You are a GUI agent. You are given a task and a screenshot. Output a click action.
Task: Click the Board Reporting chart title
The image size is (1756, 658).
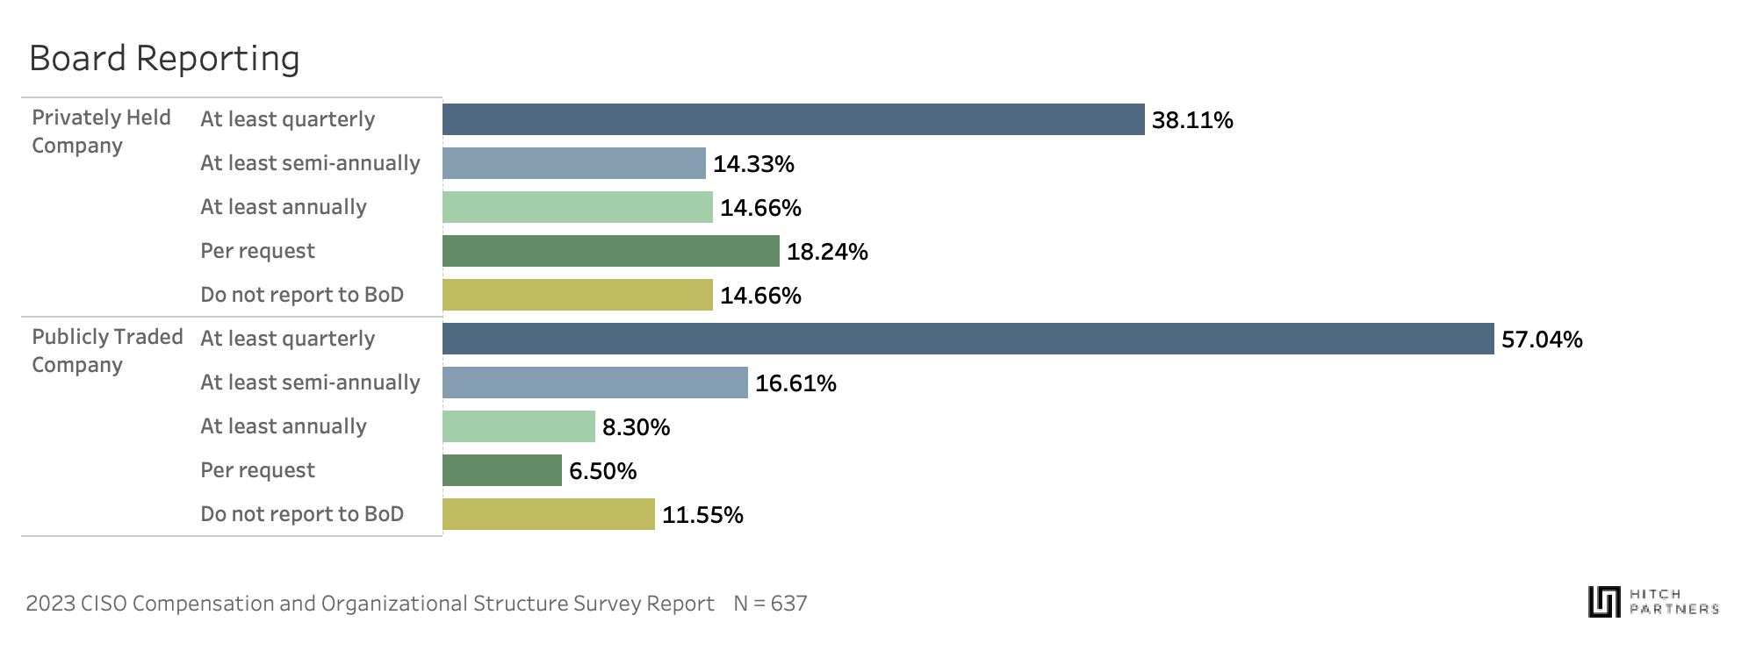click(164, 59)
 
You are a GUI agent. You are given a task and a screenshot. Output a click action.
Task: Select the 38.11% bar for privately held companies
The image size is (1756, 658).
click(793, 119)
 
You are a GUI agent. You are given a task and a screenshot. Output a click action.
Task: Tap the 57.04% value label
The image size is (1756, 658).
click(1541, 340)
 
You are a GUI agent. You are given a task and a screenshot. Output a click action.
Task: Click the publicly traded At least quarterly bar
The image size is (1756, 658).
click(968, 339)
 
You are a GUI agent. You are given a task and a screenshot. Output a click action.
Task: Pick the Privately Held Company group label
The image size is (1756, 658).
click(101, 132)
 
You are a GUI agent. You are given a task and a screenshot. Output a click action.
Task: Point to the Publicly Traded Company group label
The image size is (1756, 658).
click(107, 351)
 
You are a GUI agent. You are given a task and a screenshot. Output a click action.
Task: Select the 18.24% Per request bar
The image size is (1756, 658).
click(610, 251)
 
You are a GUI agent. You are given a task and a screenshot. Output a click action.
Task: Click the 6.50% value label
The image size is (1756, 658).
click(602, 471)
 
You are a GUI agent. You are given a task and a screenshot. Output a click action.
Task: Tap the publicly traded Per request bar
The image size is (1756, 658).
click(501, 470)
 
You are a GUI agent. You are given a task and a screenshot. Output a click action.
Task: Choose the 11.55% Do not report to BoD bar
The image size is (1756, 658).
click(548, 514)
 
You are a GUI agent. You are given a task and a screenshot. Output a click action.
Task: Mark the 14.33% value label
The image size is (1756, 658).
click(753, 164)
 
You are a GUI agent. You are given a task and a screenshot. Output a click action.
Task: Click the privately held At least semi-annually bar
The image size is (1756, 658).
click(573, 163)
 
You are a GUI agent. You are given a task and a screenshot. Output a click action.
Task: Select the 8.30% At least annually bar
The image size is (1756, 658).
click(518, 426)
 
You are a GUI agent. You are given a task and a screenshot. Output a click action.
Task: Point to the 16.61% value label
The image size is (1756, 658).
click(795, 383)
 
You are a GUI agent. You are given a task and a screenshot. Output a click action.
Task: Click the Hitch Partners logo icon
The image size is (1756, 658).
click(1604, 602)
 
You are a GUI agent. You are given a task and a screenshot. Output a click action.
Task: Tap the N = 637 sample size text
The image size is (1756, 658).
click(770, 604)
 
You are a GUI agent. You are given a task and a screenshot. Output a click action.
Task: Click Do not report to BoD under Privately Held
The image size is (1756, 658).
click(302, 295)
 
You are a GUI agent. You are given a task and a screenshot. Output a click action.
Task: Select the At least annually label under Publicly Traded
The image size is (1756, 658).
click(284, 426)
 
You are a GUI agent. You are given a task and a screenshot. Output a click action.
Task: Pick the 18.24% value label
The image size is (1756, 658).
click(827, 252)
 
